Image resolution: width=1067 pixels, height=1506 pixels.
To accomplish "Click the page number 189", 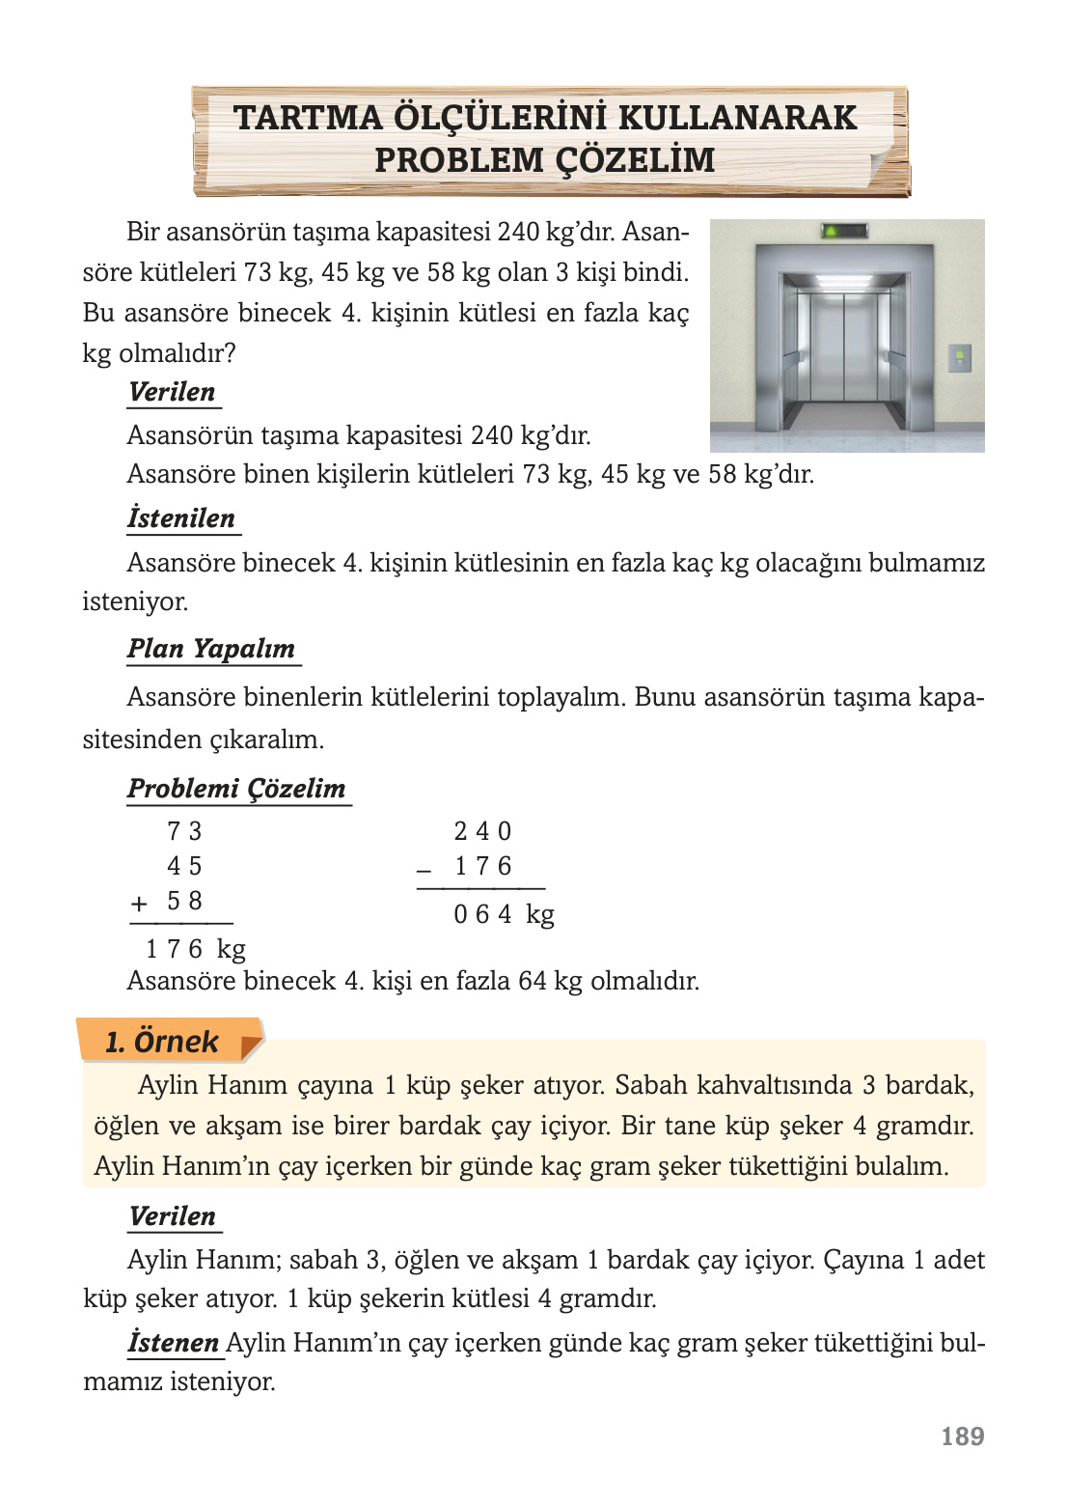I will [962, 1436].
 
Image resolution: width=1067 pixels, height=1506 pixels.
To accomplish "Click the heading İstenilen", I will [181, 518].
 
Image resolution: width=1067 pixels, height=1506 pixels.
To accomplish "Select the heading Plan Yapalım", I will [211, 649].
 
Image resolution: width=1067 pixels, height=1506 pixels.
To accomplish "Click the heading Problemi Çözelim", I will [236, 789].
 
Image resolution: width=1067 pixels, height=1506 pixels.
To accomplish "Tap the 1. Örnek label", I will [162, 1042].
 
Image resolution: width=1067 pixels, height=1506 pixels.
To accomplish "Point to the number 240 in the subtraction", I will [482, 831].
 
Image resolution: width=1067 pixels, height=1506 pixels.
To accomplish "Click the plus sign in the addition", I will [139, 904].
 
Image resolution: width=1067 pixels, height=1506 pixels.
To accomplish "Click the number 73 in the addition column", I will [183, 831].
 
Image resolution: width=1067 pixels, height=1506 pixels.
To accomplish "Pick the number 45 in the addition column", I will [183, 866].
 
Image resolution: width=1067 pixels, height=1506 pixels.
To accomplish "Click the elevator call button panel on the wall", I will [958, 358].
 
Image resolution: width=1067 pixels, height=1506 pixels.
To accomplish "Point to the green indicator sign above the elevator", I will [844, 231].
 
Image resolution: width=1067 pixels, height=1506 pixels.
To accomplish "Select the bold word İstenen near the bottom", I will [174, 1343].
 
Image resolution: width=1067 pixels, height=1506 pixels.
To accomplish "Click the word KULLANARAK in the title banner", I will [737, 118].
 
